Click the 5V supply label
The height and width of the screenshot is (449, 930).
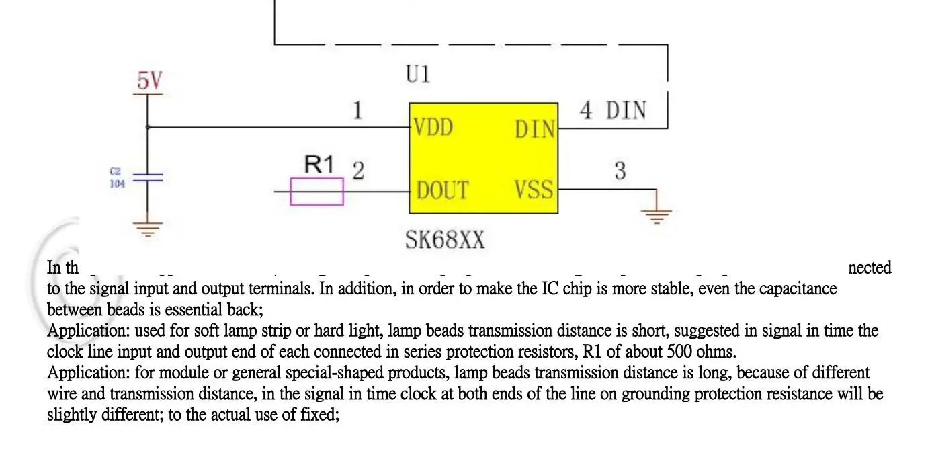(150, 81)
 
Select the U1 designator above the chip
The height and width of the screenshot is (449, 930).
(418, 73)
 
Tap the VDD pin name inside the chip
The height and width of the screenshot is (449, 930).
(433, 127)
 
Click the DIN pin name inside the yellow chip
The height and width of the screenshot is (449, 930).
(535, 129)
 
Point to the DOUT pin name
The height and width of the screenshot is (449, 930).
(442, 190)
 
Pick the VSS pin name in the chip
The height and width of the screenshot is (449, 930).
(534, 190)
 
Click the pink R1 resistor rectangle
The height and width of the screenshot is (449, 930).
(316, 192)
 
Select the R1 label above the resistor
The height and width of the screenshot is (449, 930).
(319, 164)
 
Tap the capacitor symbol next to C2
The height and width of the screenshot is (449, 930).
(148, 178)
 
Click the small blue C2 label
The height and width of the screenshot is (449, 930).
(115, 172)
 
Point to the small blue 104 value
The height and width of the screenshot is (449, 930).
(117, 183)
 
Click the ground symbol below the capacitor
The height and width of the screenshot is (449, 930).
(148, 229)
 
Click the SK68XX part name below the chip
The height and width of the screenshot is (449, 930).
(444, 239)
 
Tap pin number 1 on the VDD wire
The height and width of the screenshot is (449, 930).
(358, 110)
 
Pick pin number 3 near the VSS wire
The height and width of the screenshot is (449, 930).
(620, 171)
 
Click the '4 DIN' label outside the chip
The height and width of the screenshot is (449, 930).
(613, 110)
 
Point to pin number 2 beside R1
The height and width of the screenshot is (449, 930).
(358, 171)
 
